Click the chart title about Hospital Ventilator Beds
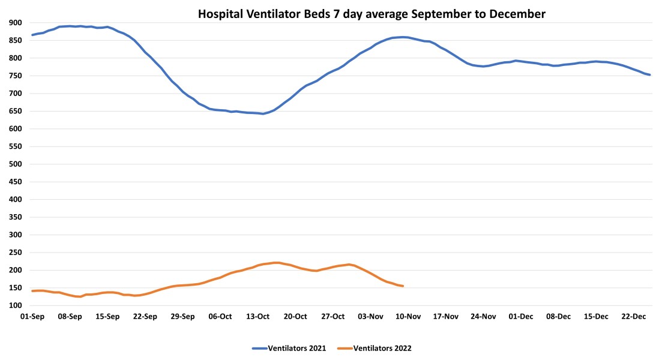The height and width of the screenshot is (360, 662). pos(372,14)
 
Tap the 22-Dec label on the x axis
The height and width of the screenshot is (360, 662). pos(634,317)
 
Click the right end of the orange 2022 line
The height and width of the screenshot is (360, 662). pos(403,286)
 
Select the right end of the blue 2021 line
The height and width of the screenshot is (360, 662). pos(650,75)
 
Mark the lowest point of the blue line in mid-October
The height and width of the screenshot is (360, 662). pos(263,114)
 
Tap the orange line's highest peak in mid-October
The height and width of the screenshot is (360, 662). pos(276,263)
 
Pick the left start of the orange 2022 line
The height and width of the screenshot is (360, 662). pos(32,291)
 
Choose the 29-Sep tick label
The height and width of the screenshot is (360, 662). pos(183,317)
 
